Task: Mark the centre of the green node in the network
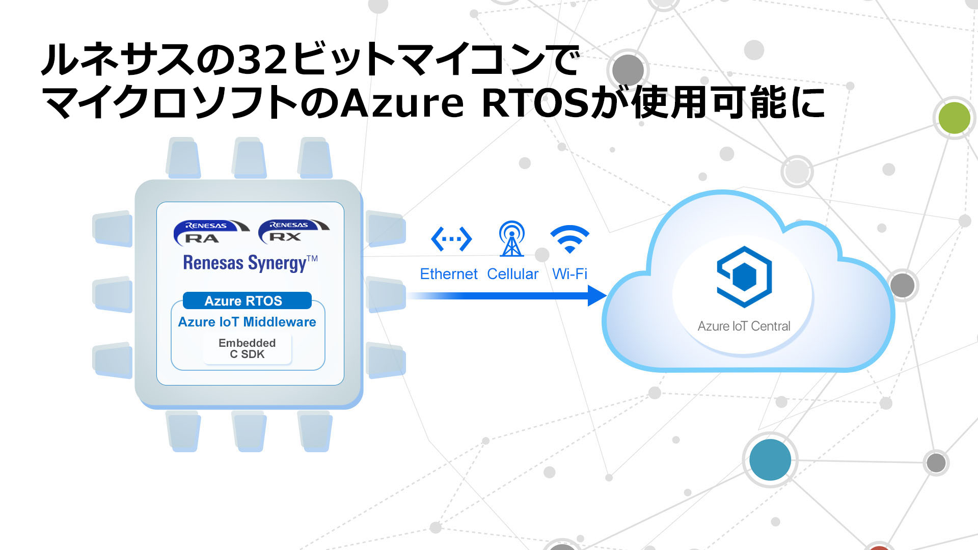click(954, 118)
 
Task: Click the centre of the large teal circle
click(770, 459)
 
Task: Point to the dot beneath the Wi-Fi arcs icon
click(570, 250)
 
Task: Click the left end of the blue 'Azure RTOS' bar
click(184, 300)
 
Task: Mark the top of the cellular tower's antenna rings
click(511, 222)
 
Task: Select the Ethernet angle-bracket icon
click(451, 239)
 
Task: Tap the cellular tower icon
click(511, 238)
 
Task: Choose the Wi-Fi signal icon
click(570, 238)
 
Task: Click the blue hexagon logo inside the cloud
click(744, 277)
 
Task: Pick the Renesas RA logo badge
click(211, 232)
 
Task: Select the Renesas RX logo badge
click(294, 231)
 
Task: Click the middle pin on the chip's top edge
click(250, 158)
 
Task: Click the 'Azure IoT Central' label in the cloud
click(744, 326)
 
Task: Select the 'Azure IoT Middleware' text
click(247, 322)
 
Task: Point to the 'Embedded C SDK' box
click(247, 349)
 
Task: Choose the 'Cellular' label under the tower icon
click(512, 274)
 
